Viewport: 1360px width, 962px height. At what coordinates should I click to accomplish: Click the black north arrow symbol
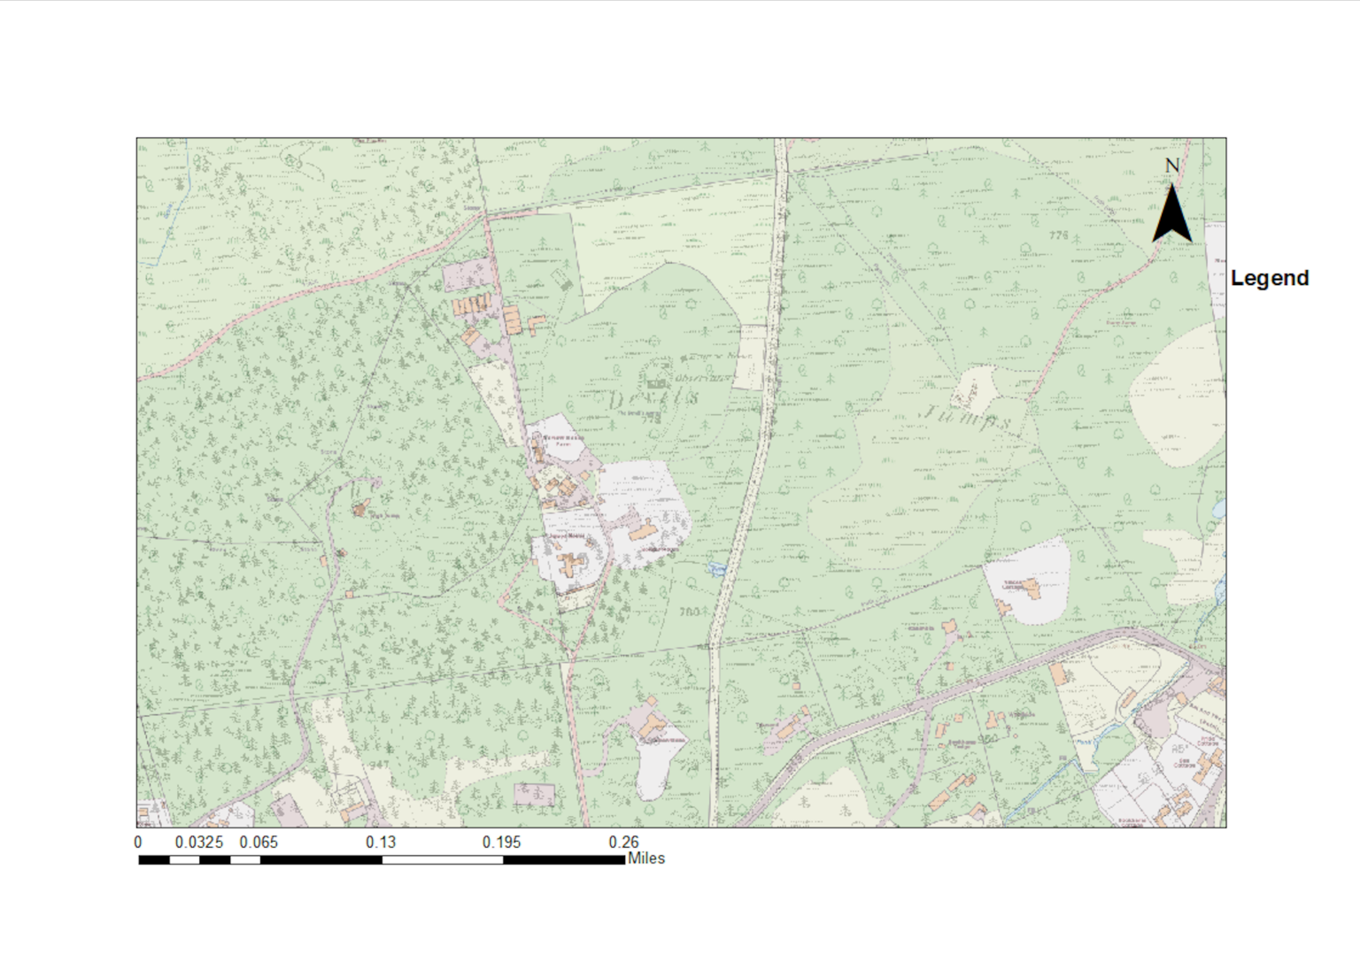[1171, 216]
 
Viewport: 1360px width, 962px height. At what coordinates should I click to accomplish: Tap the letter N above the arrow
[1171, 165]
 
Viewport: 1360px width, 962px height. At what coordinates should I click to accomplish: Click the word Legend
[1269, 278]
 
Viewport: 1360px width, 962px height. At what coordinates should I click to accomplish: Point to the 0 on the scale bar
[138, 842]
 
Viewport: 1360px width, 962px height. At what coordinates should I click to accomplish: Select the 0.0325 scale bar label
[199, 842]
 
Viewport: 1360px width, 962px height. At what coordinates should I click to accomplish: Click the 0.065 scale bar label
[259, 842]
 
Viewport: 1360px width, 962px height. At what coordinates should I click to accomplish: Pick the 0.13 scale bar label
[381, 842]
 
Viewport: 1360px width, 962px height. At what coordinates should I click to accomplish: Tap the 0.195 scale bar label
[502, 842]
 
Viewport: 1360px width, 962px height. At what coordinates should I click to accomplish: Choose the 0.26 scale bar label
[623, 842]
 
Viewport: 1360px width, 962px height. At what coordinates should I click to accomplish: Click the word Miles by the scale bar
[646, 858]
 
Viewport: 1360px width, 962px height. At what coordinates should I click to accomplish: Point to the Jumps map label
[967, 416]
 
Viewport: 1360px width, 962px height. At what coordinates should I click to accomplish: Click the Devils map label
[653, 397]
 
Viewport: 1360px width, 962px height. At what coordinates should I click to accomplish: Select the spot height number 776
[1058, 235]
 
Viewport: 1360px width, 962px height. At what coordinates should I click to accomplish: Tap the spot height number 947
[379, 766]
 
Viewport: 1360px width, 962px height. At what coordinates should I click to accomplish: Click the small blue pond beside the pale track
[716, 568]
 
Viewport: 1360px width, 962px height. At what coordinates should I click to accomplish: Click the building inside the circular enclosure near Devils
[655, 382]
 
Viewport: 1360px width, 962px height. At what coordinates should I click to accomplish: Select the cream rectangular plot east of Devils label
[749, 358]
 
